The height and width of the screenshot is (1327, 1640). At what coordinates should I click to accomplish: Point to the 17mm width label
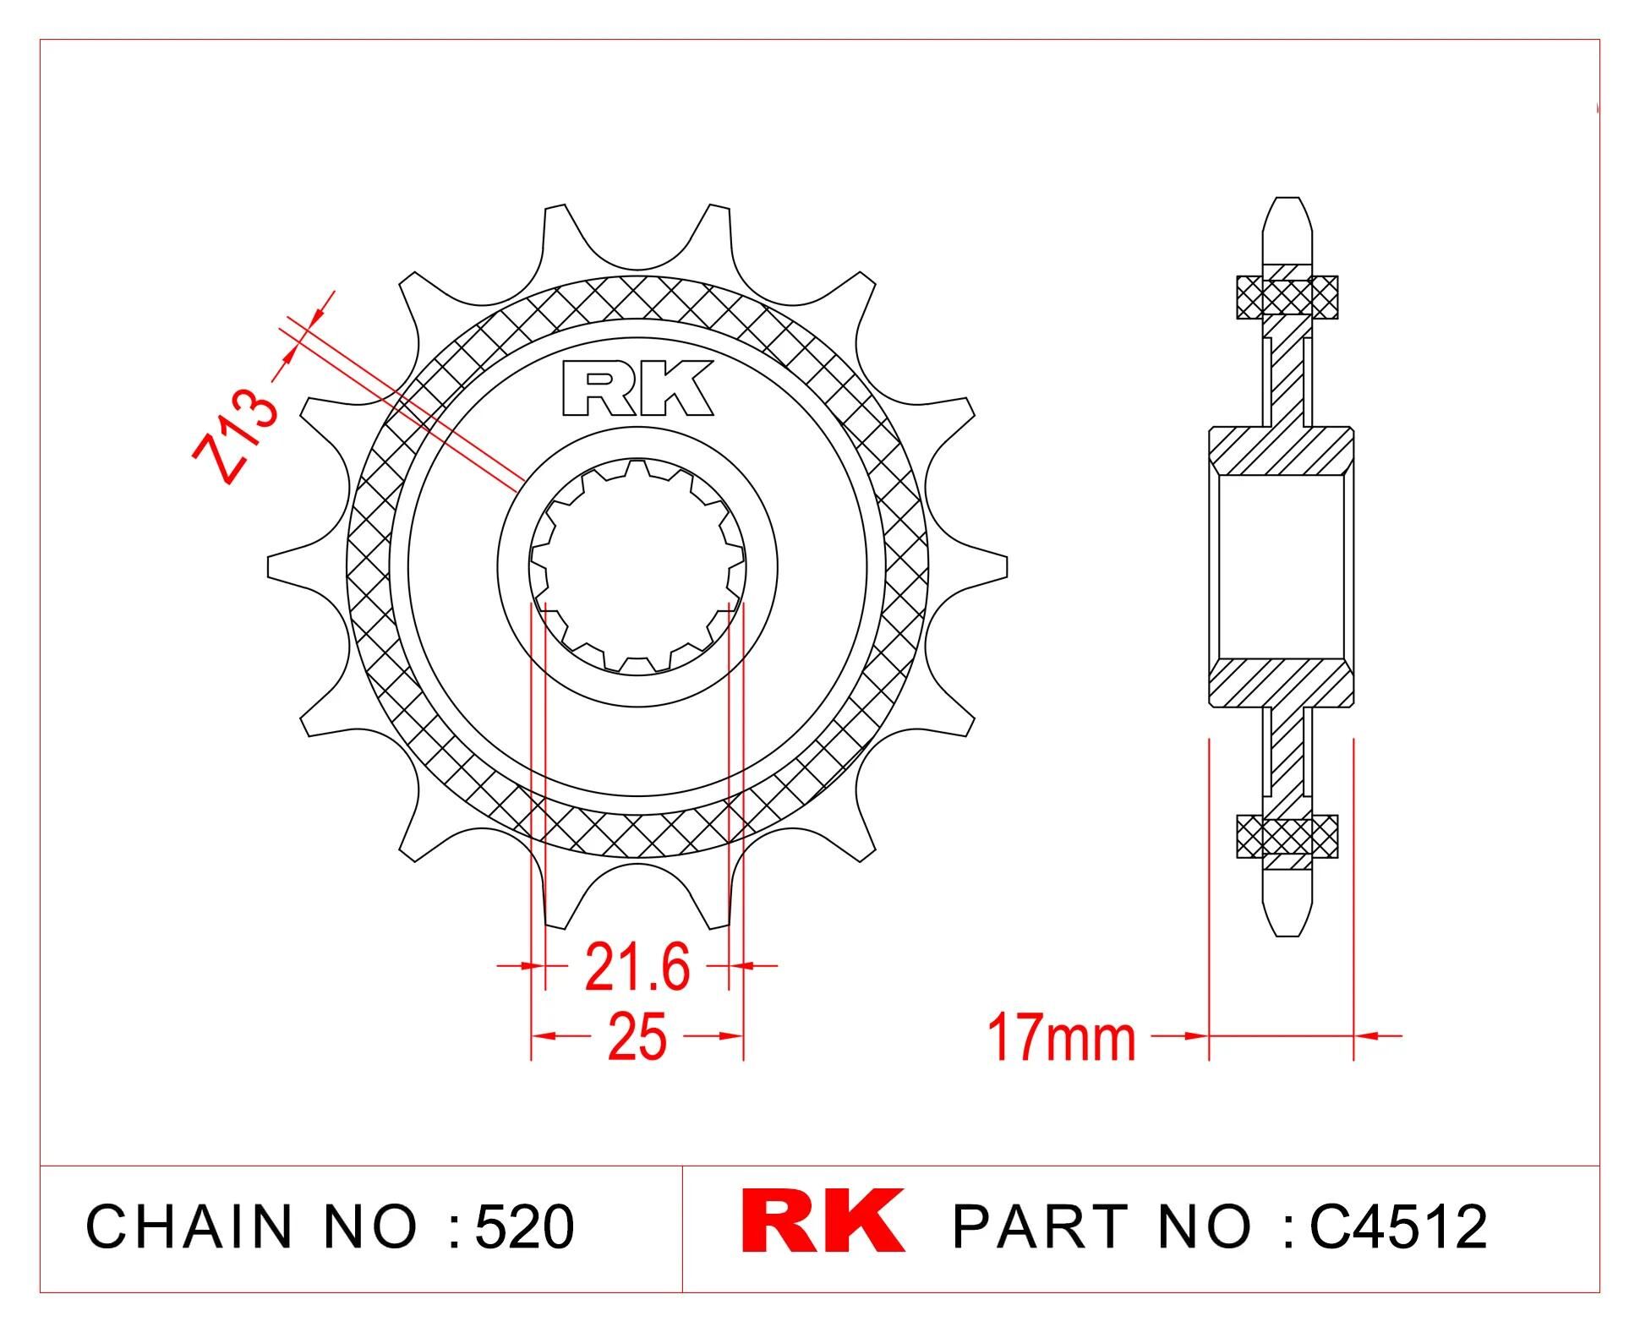1062,1038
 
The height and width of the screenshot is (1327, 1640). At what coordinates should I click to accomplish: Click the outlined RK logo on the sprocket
638,388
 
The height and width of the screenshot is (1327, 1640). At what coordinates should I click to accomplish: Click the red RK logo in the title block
823,1221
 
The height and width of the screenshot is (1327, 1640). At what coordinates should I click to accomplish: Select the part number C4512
1398,1226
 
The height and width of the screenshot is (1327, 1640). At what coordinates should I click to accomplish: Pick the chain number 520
524,1226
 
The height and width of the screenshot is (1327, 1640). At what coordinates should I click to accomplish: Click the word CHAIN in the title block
189,1226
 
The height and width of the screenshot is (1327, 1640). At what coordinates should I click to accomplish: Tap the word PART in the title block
1040,1226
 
